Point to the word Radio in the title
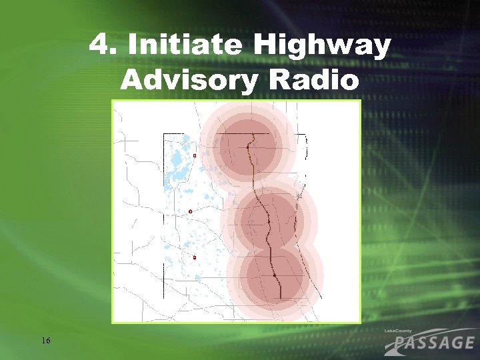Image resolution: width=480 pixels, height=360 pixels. pyautogui.click(x=313, y=80)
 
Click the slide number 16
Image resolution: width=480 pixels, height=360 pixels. pyautogui.click(x=45, y=341)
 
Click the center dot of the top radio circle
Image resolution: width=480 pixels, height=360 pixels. pyautogui.click(x=251, y=146)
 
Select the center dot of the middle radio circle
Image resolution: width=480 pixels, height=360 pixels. pyautogui.click(x=268, y=221)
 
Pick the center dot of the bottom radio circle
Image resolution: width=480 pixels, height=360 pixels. pyautogui.click(x=274, y=275)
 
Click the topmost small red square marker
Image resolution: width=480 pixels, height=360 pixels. pyautogui.click(x=194, y=155)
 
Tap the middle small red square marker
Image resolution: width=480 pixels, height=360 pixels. pyautogui.click(x=191, y=211)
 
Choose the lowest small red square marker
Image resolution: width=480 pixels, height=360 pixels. pyautogui.click(x=195, y=257)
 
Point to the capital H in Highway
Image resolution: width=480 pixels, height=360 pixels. pyautogui.click(x=265, y=46)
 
